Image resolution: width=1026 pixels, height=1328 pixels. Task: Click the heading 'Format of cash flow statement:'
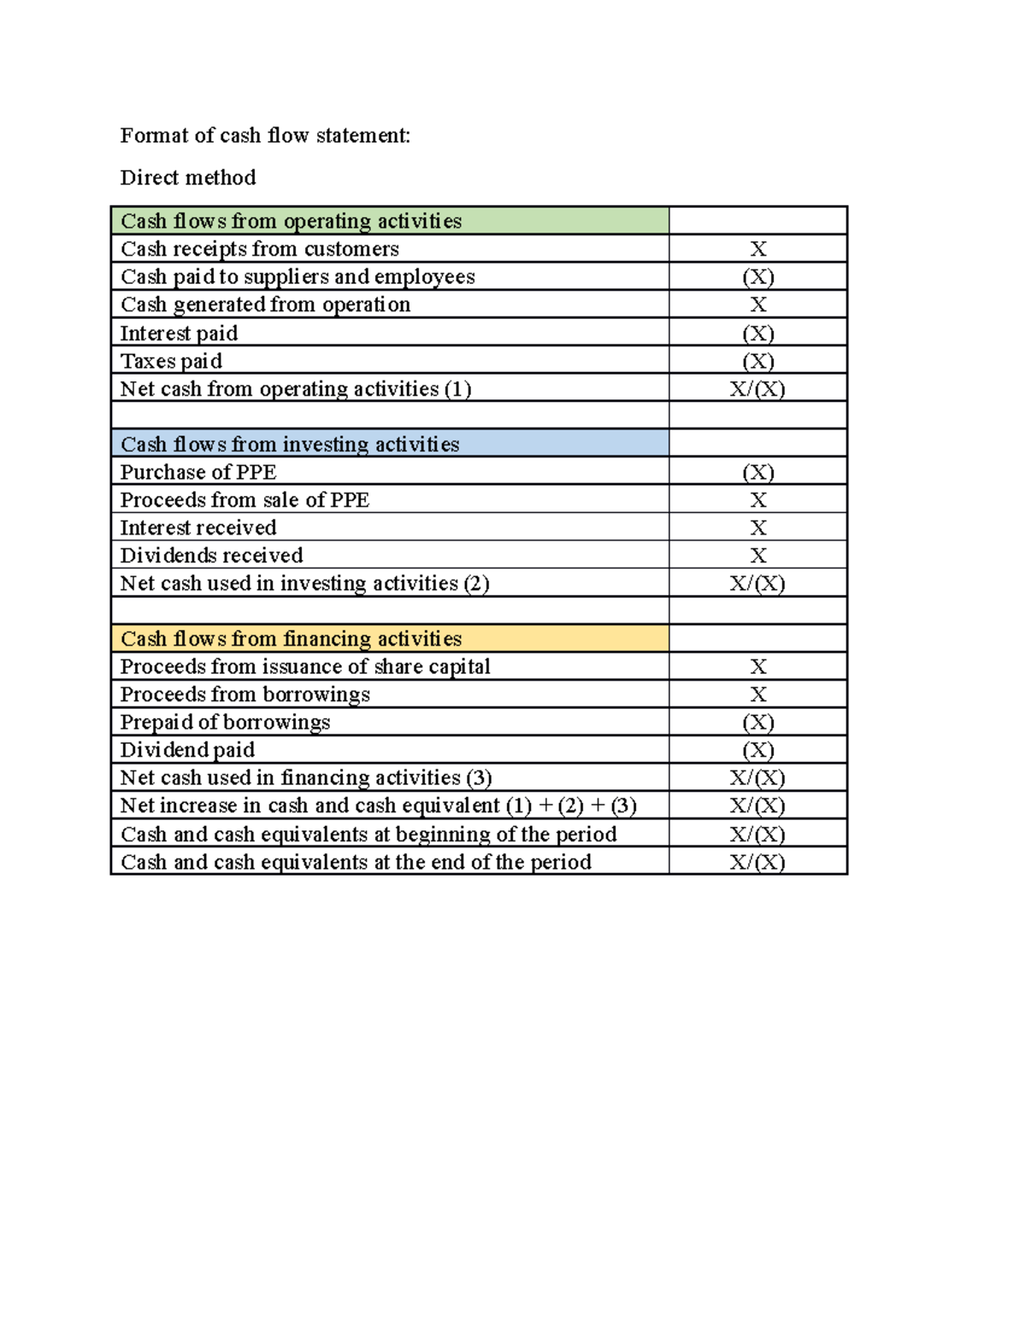coord(265,135)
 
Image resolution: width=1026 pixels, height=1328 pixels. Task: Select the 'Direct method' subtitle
coord(188,177)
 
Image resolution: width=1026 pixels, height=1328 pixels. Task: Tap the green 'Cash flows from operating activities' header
coord(291,221)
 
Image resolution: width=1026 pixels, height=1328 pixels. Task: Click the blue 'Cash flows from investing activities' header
coord(290,444)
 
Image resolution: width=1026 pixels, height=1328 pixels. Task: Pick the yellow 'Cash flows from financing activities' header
coord(291,639)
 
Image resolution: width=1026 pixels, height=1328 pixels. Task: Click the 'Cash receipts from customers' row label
coord(260,249)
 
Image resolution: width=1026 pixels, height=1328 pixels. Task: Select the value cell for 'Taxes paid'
coord(758,361)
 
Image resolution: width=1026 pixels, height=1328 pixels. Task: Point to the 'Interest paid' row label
coord(179,333)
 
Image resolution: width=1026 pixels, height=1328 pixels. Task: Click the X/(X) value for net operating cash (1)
coord(758,389)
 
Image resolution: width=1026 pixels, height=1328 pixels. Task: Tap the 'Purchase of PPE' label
coord(198,472)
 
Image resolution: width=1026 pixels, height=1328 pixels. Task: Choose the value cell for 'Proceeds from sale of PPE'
coord(758,499)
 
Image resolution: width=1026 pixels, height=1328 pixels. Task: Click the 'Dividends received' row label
coord(211,556)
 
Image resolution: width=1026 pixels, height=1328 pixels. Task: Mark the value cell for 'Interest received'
coord(758,528)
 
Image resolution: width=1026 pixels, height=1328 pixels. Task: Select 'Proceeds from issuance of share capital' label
coord(305,666)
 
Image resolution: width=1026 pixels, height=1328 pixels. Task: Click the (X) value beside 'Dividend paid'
coord(758,750)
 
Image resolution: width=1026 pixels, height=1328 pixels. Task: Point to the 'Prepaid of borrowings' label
coord(225,722)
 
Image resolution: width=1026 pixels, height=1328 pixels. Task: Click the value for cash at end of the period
coord(758,862)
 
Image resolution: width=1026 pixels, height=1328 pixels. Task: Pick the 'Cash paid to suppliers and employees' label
coord(298,276)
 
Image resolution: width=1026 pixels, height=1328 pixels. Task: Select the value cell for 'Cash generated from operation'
coord(758,304)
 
